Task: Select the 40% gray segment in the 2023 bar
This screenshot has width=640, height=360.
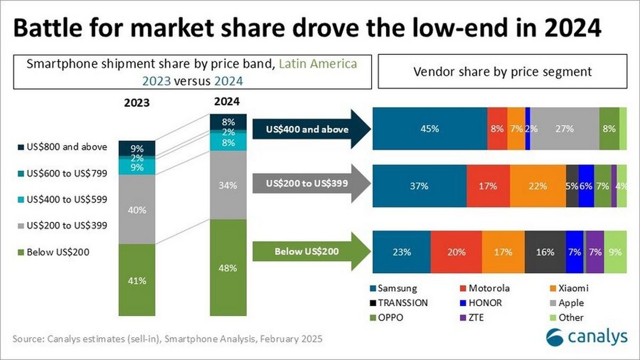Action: (x=137, y=210)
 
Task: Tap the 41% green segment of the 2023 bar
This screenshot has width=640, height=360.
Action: (x=137, y=279)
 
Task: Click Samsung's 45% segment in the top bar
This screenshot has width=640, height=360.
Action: (x=429, y=129)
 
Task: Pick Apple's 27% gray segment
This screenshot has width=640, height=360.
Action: (x=564, y=129)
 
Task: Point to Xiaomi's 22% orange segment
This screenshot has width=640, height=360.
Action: (x=538, y=186)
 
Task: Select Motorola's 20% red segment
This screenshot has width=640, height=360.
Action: (x=456, y=252)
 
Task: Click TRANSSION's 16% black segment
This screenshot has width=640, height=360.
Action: (x=545, y=252)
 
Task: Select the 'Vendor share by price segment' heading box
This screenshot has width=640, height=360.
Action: (x=503, y=71)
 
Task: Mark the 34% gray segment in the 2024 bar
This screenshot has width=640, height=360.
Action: (x=228, y=185)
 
